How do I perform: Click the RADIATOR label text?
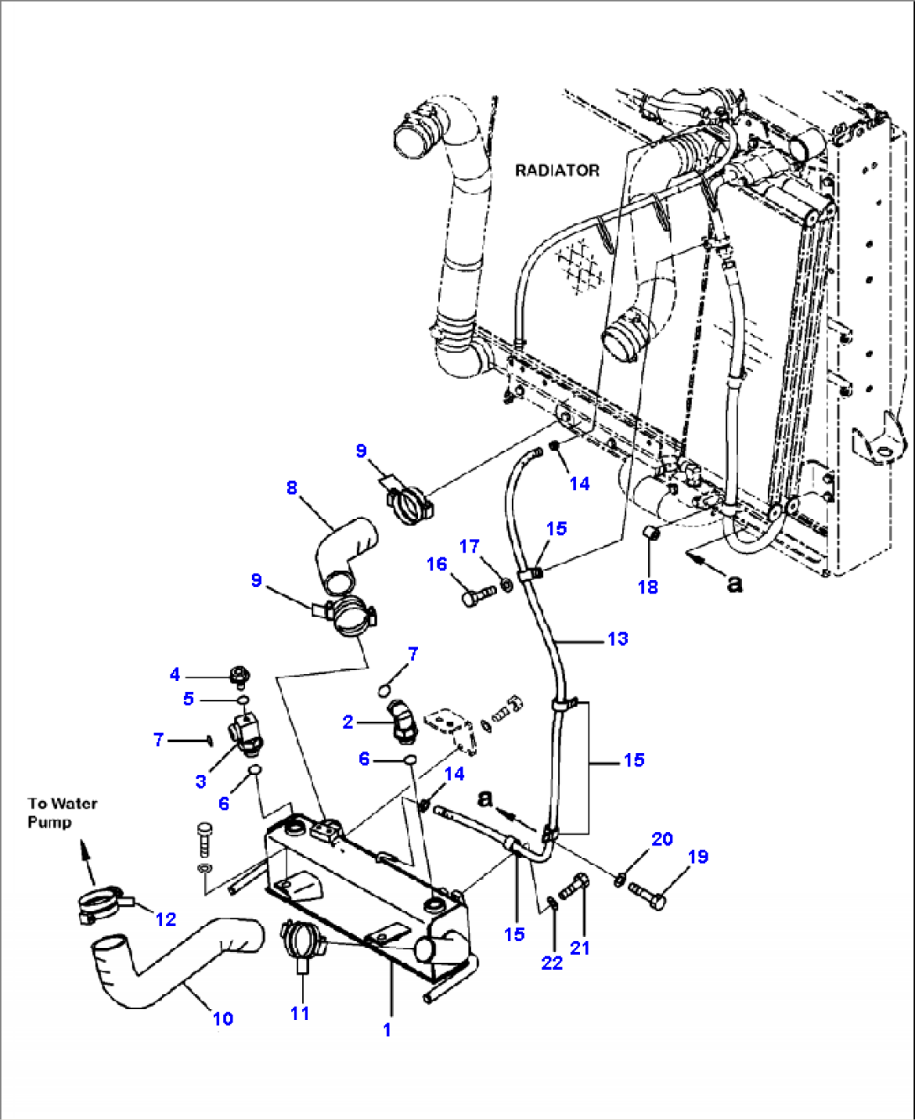pos(557,170)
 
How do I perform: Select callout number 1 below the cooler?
pos(387,1029)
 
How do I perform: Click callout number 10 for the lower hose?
pos(222,1018)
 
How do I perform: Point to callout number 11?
pos(300,1013)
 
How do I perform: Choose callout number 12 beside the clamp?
pos(166,919)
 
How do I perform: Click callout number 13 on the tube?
pos(618,639)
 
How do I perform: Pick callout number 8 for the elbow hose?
pos(291,488)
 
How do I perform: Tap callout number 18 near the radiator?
pos(648,587)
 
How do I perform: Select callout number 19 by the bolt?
pos(698,856)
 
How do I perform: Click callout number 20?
pos(662,839)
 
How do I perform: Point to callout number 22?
pos(552,962)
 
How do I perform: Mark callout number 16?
pos(437,564)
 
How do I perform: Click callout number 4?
pos(175,674)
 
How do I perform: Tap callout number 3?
pos(201,782)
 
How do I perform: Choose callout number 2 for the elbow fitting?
pos(348,722)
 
